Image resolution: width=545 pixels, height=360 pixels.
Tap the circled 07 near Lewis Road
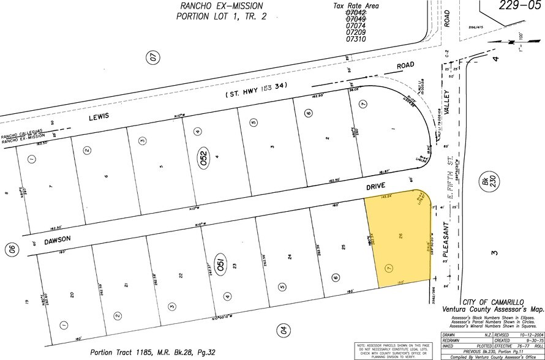point(152,59)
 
